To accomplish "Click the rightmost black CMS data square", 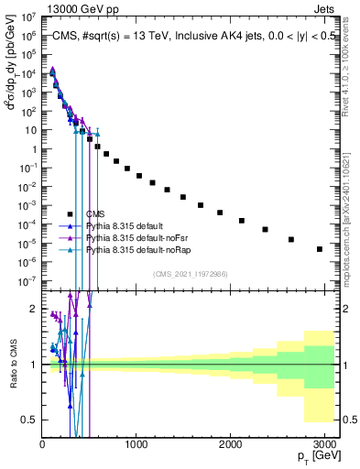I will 320,249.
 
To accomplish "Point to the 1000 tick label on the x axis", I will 136,444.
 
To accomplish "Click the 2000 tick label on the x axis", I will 231,444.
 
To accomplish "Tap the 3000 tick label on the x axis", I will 325,444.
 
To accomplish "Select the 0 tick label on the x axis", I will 42,444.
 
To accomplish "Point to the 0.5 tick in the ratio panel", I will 29,420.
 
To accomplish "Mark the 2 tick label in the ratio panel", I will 33,309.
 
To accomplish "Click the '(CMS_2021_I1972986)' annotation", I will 191,273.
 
